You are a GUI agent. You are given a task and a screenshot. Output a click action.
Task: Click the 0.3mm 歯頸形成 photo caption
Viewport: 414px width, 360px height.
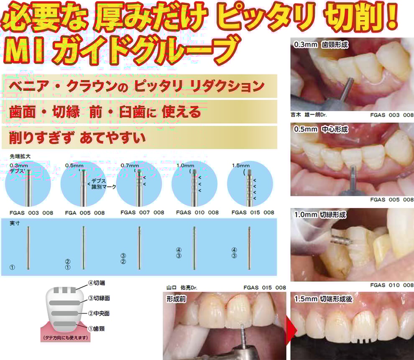click(321, 45)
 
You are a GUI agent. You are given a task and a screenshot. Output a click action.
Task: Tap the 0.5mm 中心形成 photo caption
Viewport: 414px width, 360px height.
click(321, 129)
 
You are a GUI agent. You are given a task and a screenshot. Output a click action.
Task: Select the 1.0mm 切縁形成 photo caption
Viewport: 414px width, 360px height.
click(320, 214)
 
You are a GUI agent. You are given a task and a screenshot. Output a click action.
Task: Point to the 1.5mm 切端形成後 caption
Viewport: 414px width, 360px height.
click(323, 299)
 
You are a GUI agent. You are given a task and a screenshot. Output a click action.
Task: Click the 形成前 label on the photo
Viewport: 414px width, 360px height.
click(176, 299)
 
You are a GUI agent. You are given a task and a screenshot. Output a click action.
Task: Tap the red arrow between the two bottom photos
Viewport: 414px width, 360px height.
click(291, 331)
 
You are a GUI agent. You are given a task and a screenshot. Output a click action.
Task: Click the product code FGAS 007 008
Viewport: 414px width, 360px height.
click(142, 212)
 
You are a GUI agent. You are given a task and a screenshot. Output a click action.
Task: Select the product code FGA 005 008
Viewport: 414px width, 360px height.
click(85, 213)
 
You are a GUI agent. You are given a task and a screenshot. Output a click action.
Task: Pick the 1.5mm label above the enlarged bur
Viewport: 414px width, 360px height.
click(240, 166)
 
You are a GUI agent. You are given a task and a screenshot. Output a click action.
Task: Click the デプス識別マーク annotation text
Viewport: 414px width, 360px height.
click(104, 184)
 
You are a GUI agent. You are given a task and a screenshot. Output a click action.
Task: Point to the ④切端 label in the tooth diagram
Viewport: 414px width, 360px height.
click(97, 283)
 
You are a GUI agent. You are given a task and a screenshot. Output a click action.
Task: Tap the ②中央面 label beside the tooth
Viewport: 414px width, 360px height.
click(99, 313)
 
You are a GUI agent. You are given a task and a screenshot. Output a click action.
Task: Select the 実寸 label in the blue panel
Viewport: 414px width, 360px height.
click(15, 223)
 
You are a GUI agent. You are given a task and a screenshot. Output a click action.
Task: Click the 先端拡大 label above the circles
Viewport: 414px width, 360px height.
click(20, 156)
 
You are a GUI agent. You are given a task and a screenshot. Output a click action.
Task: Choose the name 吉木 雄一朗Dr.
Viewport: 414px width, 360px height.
click(309, 115)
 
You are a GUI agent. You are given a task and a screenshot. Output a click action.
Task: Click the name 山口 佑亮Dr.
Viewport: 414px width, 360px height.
click(181, 287)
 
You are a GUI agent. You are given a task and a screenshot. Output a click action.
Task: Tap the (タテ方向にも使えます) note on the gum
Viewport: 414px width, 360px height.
click(66, 337)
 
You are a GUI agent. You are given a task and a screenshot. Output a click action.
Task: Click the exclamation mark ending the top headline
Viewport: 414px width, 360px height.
click(392, 16)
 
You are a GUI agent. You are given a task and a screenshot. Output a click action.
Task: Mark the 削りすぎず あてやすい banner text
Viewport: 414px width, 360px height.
click(77, 138)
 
